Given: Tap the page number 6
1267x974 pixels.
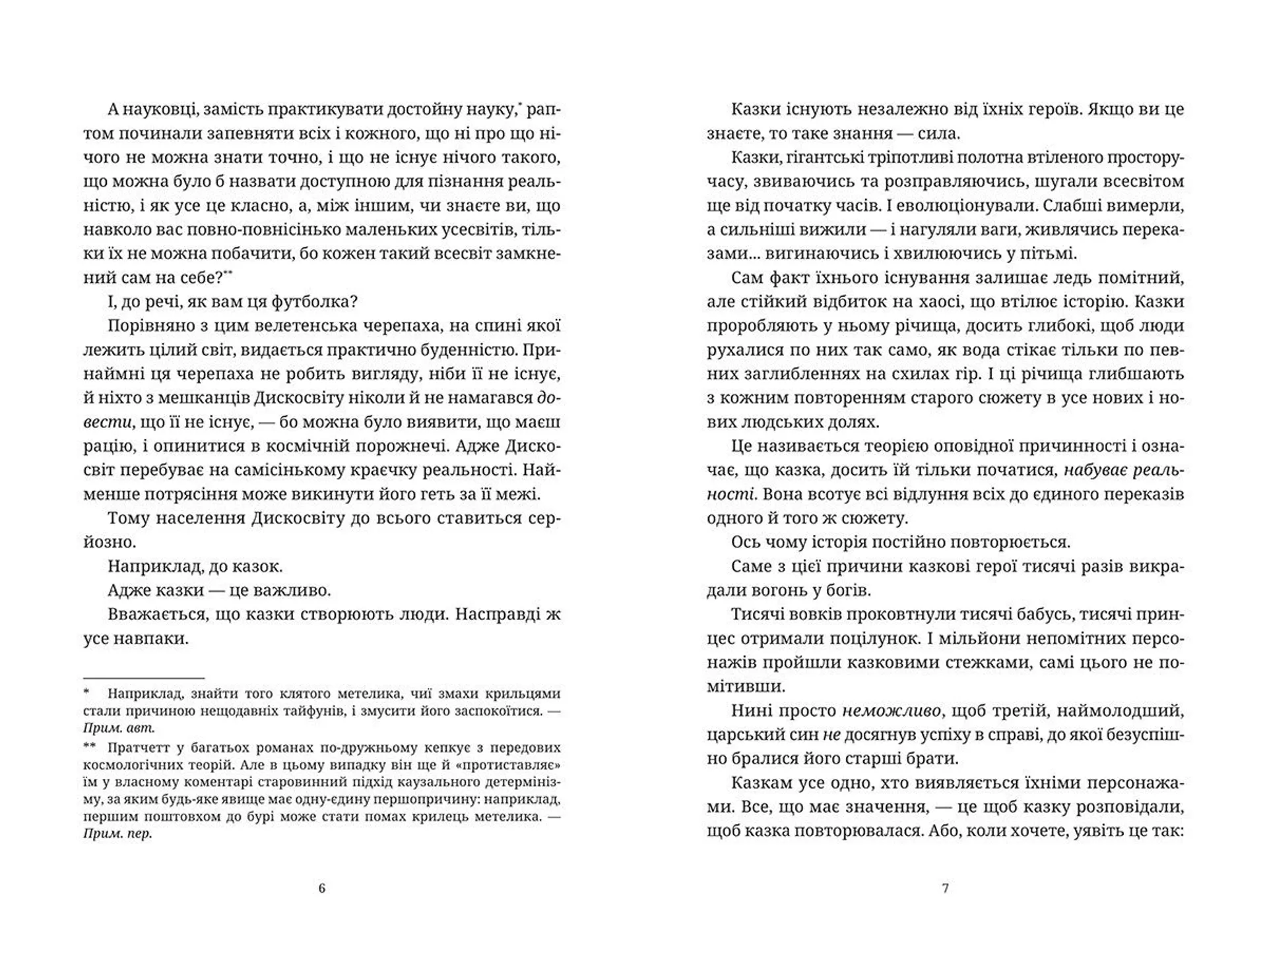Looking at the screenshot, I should pyautogui.click(x=322, y=888).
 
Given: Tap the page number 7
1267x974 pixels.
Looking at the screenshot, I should pyautogui.click(x=945, y=888).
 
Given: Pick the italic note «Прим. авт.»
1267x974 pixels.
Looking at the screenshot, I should pyautogui.click(x=119, y=729).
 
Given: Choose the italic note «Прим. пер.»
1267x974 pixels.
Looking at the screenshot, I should pyautogui.click(x=117, y=834).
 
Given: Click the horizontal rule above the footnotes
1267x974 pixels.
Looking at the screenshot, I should pyautogui.click(x=144, y=678).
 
